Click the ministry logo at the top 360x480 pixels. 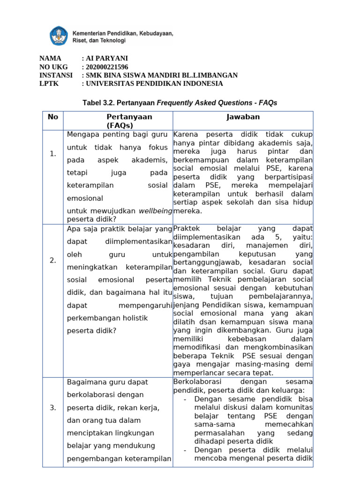(59, 36)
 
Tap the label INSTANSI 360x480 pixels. (56, 75)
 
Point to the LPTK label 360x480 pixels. (49, 83)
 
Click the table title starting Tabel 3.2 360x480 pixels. (180, 102)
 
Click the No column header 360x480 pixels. (53, 117)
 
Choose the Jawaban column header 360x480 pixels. (243, 117)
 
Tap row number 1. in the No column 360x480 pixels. (53, 154)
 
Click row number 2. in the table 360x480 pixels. (53, 261)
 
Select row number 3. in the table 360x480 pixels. (53, 408)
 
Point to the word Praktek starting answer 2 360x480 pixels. (187, 228)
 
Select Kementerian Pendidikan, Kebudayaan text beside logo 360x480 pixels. (123, 33)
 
